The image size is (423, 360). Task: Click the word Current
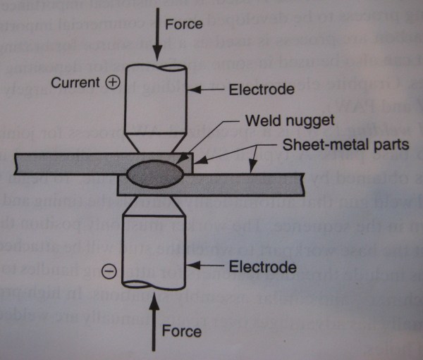[76, 83]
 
